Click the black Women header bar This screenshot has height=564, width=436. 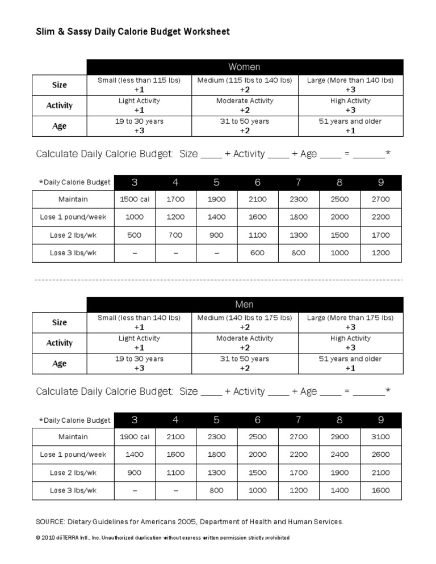[244, 67]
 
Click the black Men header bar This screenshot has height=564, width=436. [244, 305]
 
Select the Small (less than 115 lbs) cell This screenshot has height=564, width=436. [139, 85]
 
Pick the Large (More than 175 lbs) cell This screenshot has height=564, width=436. [350, 322]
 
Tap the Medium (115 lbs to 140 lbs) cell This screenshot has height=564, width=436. [245, 85]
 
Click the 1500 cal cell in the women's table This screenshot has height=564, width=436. [135, 199]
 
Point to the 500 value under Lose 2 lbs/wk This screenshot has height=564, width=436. [135, 235]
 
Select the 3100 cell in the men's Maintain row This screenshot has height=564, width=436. [380, 437]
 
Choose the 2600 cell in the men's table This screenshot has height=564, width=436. [380, 454]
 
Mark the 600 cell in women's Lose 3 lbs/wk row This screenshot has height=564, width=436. [258, 253]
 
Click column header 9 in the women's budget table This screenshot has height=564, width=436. [380, 182]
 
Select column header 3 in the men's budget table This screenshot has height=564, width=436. [135, 420]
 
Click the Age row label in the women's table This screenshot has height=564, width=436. [60, 126]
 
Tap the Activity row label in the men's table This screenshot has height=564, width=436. [60, 343]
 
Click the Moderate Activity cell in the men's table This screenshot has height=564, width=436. [245, 343]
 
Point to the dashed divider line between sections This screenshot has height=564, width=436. [218, 280]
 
